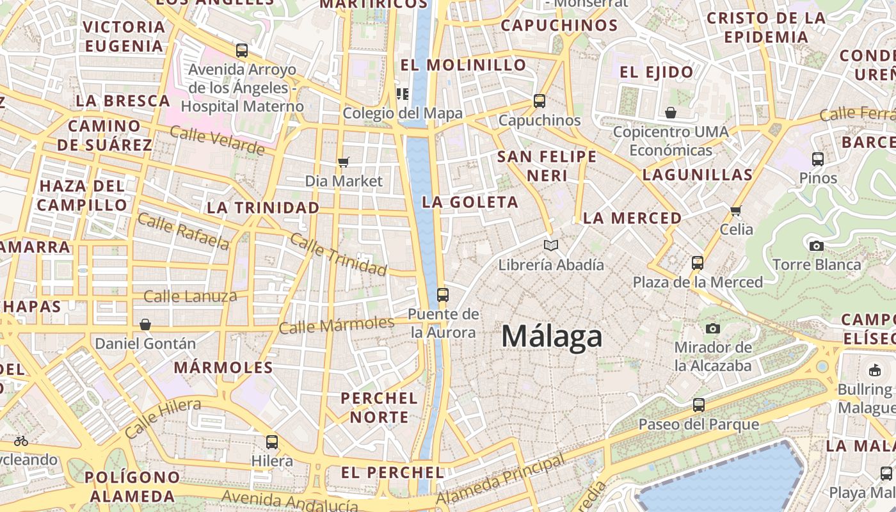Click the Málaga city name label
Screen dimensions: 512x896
(x=552, y=337)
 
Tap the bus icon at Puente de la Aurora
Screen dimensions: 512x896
(x=443, y=295)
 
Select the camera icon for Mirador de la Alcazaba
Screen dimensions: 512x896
(x=712, y=328)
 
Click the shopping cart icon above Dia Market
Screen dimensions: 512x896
(x=344, y=162)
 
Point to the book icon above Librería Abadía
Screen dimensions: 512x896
(x=550, y=245)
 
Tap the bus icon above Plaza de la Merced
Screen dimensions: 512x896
(x=698, y=263)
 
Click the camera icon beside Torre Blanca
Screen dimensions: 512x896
(x=816, y=246)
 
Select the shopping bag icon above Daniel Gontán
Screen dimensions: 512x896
(x=145, y=324)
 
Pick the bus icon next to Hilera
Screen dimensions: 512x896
(x=272, y=442)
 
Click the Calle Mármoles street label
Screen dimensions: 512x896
(x=337, y=324)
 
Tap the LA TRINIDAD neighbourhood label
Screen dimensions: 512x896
(x=263, y=207)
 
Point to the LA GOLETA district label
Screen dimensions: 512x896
(x=470, y=202)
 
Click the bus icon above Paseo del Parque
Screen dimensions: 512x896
(x=699, y=405)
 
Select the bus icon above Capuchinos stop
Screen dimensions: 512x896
(x=540, y=101)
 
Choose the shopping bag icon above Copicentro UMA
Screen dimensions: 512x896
(x=671, y=113)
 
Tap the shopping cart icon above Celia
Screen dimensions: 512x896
(x=736, y=210)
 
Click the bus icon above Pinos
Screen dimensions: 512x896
(x=818, y=159)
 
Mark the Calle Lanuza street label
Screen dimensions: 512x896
(x=190, y=296)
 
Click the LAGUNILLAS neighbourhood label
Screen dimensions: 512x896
(x=698, y=175)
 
